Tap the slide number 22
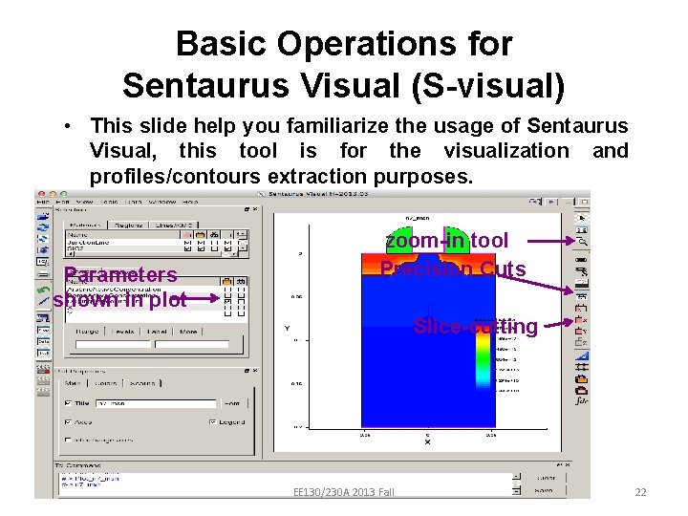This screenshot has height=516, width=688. [640, 492]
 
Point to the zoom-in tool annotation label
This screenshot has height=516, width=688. [447, 241]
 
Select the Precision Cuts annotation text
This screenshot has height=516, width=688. [453, 269]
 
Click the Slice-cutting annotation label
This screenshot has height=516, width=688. [475, 327]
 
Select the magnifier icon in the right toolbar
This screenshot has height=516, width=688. [582, 242]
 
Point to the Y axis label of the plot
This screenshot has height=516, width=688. [286, 329]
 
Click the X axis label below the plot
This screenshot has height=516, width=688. [427, 442]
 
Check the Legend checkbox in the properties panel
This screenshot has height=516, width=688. [212, 421]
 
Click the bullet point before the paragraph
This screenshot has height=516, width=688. [71, 126]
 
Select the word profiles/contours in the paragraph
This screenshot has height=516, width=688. [176, 177]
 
